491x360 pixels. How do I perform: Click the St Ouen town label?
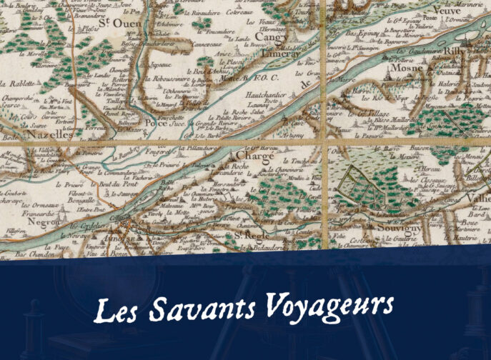click(112, 24)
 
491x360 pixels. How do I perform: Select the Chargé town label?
click(249, 155)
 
